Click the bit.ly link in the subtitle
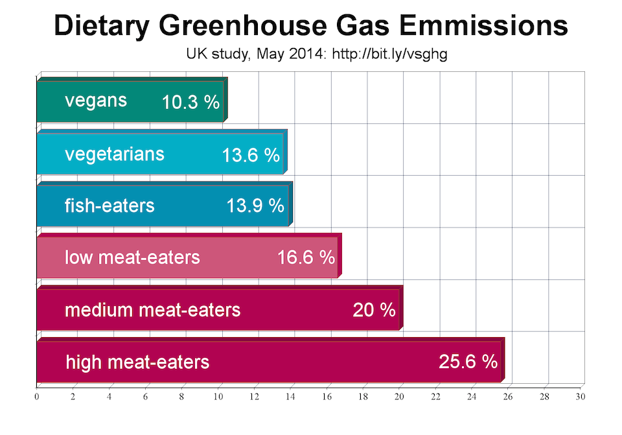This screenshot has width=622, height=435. pos(389,54)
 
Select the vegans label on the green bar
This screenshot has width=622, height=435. pos(96,101)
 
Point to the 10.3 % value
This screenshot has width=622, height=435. pos(190,102)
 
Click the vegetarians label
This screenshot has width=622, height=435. pos(115,154)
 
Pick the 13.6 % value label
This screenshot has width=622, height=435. pos(251,156)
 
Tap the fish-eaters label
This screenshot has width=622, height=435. pos(109,206)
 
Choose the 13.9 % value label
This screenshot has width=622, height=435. pos(255,206)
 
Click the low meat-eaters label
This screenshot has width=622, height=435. pos(132,257)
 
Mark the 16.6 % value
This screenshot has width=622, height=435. pos(306,257)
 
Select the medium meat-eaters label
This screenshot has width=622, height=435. pos(152,310)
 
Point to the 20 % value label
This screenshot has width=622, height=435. pos(374,310)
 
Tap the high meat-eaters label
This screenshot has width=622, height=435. pos(137,361)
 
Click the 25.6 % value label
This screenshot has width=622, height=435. pos(468,361)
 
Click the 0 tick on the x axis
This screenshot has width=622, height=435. pos(37,396)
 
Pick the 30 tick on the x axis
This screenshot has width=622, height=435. pos(581,396)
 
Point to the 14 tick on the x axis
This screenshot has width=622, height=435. pos(291,396)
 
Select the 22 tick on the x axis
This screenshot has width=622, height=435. pos(436,396)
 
